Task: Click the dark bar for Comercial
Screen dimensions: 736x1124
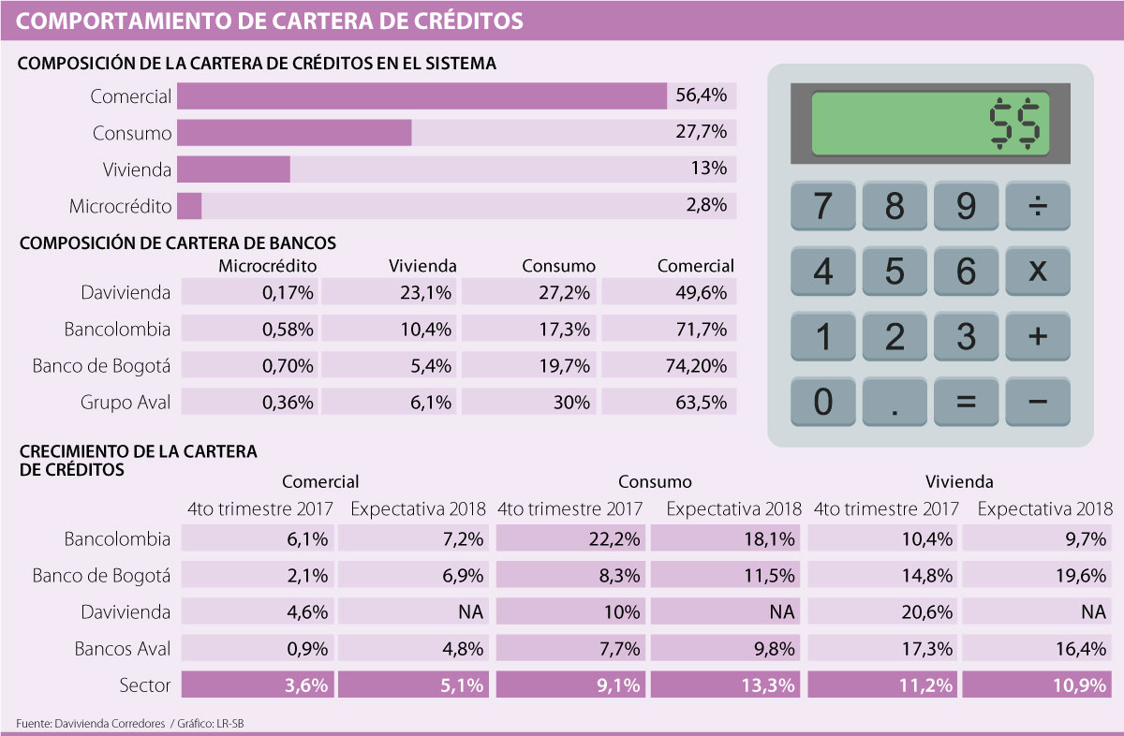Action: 421,96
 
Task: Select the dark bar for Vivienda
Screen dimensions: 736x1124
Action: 233,169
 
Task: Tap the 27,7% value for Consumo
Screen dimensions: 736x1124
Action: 701,133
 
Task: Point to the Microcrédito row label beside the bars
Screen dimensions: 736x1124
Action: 121,206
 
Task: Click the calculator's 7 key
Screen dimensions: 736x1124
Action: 823,206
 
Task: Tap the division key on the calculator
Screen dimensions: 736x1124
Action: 1038,206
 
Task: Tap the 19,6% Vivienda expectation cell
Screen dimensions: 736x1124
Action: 1038,576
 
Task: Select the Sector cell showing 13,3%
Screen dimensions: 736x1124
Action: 727,685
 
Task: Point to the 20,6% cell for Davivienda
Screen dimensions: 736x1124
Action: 883,612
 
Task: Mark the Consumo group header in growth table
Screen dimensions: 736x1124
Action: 655,482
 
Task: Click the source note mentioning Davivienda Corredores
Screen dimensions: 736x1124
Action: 131,723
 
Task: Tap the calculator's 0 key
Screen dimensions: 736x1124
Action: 823,402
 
